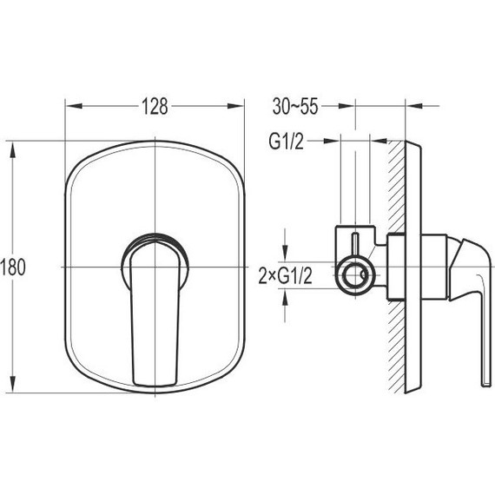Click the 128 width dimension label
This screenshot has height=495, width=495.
tap(155, 106)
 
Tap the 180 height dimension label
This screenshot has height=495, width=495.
tap(13, 267)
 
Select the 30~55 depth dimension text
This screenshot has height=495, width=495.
tap(295, 106)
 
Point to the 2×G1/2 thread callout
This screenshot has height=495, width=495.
tap(286, 275)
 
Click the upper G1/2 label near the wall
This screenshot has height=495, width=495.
tap(286, 141)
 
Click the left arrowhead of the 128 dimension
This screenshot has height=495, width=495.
tap(74, 106)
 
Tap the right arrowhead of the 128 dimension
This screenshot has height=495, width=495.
tap(235, 106)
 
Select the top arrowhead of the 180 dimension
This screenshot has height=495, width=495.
tap(13, 150)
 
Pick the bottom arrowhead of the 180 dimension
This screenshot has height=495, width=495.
tap(13, 384)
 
